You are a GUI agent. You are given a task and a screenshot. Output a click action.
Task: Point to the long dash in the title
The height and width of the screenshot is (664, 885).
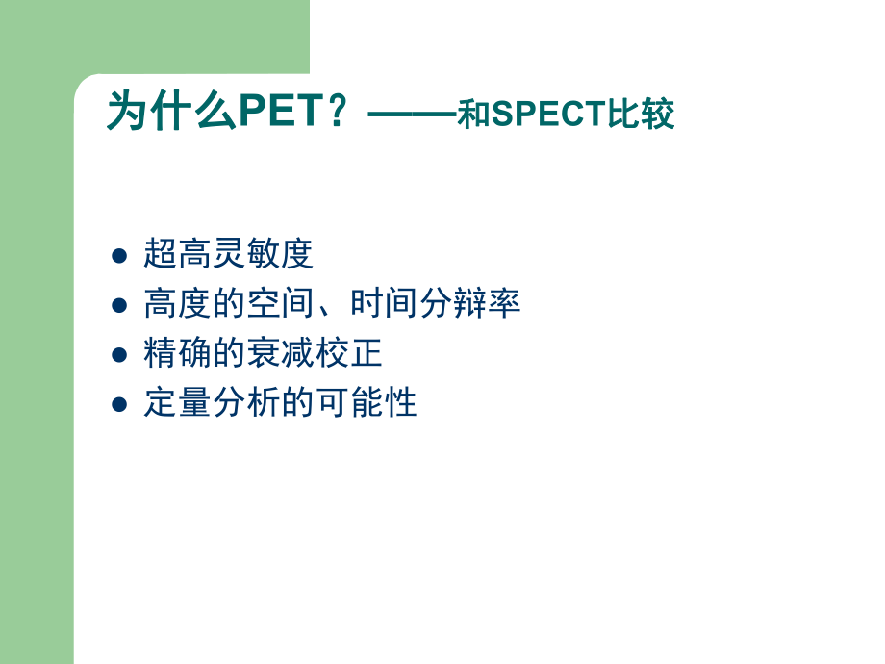tap(412, 114)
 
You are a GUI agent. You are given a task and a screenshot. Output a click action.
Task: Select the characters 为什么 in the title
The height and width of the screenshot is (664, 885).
tap(171, 112)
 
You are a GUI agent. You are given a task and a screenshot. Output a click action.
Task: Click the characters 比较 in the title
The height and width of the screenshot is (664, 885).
tap(642, 115)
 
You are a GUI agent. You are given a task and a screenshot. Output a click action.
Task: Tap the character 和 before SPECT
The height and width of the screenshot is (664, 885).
tap(474, 115)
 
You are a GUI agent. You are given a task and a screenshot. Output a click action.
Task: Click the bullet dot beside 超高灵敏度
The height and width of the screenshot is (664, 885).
tap(119, 255)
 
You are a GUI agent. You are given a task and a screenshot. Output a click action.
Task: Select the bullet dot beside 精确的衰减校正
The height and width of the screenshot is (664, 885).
tap(119, 354)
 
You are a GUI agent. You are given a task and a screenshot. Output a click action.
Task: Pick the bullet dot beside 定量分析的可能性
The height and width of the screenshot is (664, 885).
tap(119, 404)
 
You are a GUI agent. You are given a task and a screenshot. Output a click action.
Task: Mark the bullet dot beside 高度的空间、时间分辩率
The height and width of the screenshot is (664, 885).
tap(119, 305)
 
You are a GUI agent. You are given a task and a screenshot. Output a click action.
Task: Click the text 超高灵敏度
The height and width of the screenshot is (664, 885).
tap(229, 254)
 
